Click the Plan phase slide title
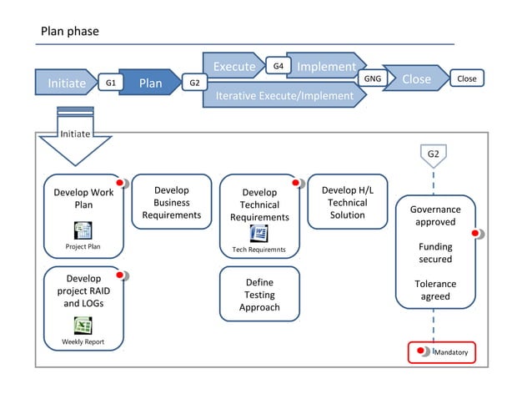click(70, 32)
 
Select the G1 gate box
click(110, 83)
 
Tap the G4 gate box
click(278, 64)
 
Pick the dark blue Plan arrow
click(150, 83)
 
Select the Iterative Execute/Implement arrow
click(284, 96)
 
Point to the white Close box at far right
click(467, 78)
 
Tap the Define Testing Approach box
click(259, 295)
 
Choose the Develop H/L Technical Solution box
click(347, 202)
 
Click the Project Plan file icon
click(83, 230)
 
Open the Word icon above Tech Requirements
click(258, 234)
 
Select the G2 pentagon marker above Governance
click(434, 155)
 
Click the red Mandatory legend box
click(441, 352)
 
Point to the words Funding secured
click(435, 253)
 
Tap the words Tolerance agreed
click(435, 290)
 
